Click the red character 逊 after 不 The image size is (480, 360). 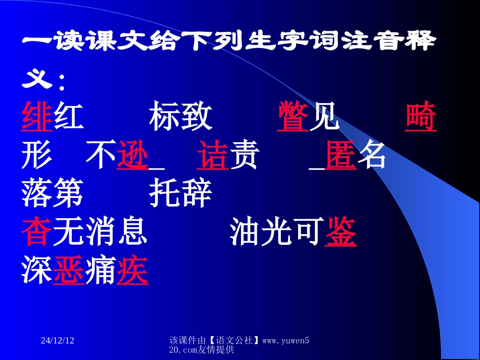click(132, 157)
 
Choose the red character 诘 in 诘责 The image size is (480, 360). click(213, 157)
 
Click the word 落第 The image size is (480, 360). click(53, 195)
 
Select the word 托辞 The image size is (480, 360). click(181, 195)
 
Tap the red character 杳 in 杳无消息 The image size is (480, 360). click(37, 233)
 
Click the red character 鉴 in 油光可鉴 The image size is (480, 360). click(341, 233)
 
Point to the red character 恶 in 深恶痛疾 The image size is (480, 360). click(69, 271)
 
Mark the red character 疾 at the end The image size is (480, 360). click(132, 271)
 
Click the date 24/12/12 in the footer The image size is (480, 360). click(58, 341)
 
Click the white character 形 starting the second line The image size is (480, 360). click(37, 157)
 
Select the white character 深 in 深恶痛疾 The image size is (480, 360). click(37, 271)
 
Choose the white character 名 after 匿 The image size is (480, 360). click(372, 157)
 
